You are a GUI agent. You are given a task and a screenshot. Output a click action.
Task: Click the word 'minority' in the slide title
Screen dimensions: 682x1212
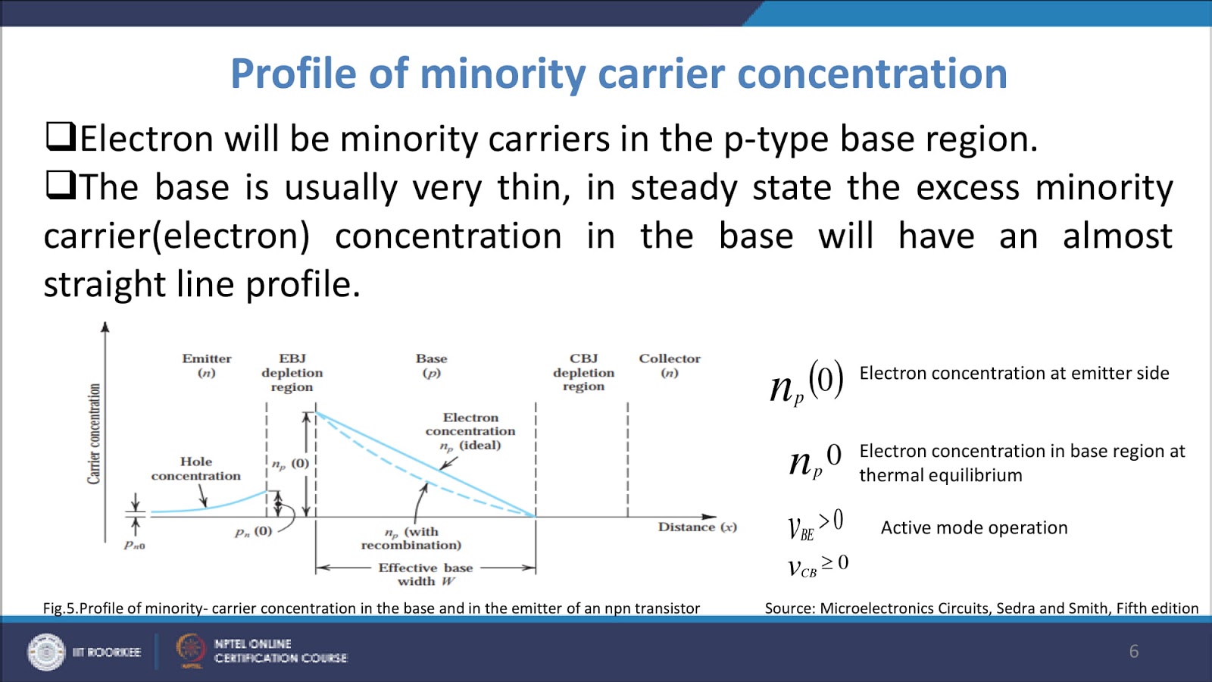[x=502, y=74]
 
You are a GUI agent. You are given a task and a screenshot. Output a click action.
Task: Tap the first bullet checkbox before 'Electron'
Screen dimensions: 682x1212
[x=60, y=136]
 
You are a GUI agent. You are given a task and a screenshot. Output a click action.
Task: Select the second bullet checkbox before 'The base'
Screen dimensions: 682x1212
[x=60, y=184]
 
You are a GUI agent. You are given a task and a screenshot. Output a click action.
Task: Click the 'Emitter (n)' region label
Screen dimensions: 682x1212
[x=206, y=365]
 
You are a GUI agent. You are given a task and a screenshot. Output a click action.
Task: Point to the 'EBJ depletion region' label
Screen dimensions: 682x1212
[x=292, y=372]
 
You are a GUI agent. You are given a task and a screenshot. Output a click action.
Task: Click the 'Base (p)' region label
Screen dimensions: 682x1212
[x=431, y=365]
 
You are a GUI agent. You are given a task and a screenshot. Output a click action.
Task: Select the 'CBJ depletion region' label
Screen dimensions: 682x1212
[x=583, y=372]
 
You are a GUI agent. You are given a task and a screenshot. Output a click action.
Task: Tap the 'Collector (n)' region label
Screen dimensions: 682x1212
[x=669, y=365]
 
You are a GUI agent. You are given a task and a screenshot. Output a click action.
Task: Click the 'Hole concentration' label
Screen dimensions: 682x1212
[x=195, y=468]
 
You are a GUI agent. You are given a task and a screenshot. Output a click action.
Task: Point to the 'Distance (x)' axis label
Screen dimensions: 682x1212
[x=697, y=527]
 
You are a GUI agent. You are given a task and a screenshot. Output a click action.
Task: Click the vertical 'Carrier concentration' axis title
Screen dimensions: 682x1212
[x=94, y=433]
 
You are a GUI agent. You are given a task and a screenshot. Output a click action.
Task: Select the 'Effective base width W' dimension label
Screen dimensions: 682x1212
[x=426, y=574]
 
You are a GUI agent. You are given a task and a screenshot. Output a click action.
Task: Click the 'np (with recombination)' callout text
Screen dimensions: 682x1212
[x=411, y=538]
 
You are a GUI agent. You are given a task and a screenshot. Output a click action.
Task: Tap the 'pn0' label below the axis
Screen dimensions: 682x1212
[x=135, y=545]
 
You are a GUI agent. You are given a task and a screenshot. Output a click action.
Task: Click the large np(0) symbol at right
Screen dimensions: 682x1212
[x=806, y=383]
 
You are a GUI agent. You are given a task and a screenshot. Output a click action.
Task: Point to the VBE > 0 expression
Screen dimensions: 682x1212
[x=815, y=524]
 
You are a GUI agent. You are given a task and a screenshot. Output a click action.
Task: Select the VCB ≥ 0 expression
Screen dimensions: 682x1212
[x=817, y=566]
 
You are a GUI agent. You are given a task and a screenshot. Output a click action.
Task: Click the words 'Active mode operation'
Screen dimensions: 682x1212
[x=973, y=527]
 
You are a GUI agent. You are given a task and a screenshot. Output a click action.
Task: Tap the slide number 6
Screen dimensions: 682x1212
[x=1133, y=651]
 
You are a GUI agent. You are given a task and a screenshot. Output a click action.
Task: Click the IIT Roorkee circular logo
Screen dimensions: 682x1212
[x=46, y=652]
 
